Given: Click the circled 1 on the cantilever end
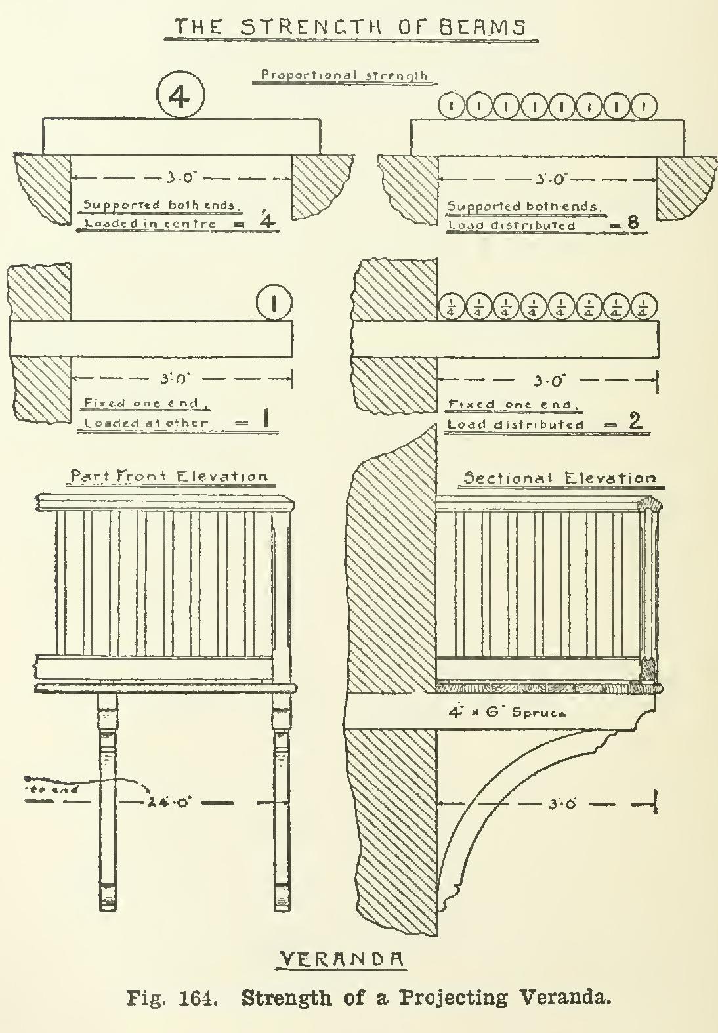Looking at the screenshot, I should [274, 303].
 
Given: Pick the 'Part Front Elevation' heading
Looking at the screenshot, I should [169, 476].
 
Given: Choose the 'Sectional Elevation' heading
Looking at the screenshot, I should [560, 478].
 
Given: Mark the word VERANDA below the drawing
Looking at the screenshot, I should [341, 959].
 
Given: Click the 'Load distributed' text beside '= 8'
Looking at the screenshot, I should [512, 225].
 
